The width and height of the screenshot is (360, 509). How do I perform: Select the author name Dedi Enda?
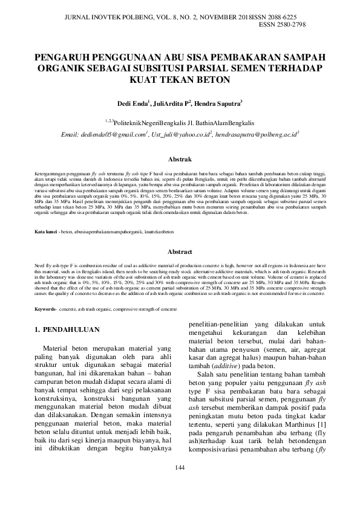point(134,104)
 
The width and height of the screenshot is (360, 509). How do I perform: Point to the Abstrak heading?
point(180,160)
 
